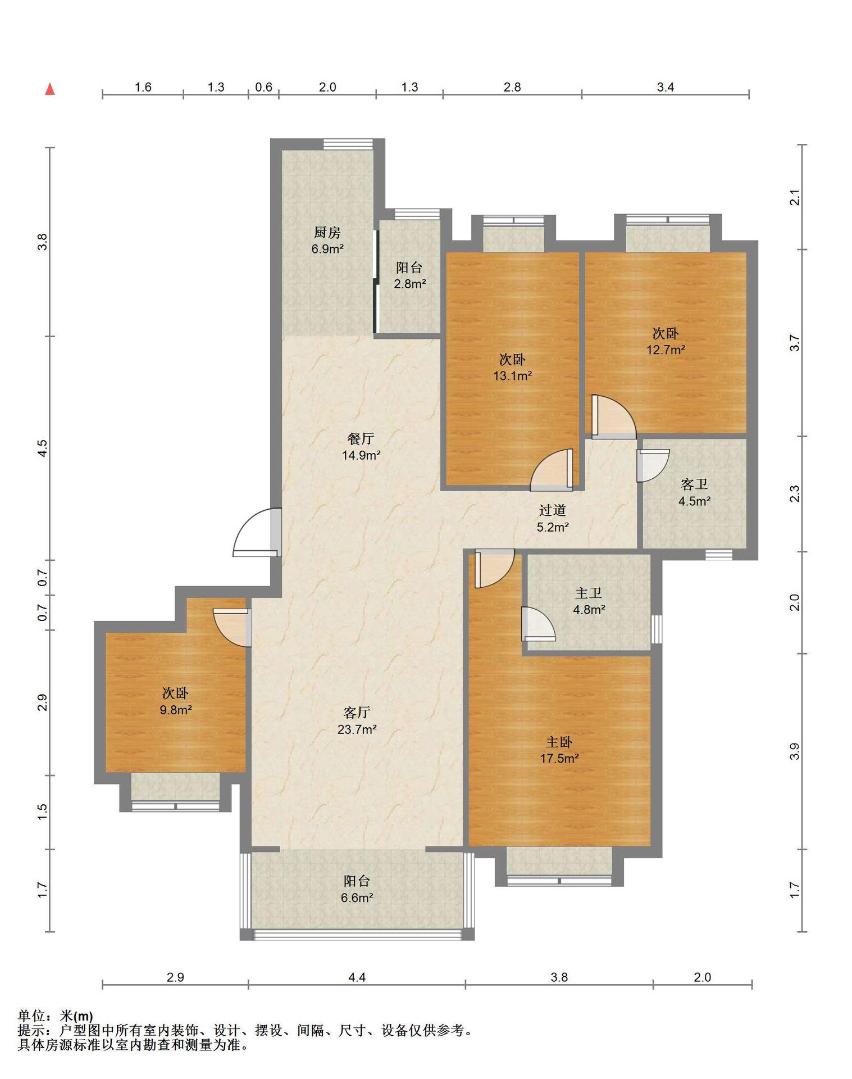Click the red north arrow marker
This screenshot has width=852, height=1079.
click(x=50, y=89)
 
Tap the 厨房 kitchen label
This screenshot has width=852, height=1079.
click(x=327, y=232)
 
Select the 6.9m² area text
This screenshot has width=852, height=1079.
click(x=327, y=248)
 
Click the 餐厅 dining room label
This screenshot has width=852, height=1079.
click(x=361, y=438)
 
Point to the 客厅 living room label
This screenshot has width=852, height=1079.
click(x=357, y=713)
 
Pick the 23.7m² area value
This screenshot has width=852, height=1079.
click(x=357, y=729)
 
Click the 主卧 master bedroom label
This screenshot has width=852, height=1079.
click(x=559, y=742)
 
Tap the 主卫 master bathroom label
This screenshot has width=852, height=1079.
click(x=589, y=593)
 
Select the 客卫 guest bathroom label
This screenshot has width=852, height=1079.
click(x=694, y=484)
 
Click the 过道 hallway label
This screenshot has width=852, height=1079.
click(x=553, y=510)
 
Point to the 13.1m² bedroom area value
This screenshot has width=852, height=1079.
click(x=513, y=375)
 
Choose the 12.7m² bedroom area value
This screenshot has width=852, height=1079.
click(x=666, y=350)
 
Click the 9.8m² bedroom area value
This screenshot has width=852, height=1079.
click(x=176, y=710)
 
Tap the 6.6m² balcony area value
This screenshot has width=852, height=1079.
click(x=357, y=897)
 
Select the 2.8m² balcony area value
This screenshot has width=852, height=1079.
click(x=409, y=284)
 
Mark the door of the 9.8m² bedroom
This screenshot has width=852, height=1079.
click(x=231, y=627)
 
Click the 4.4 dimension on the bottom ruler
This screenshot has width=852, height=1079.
click(x=357, y=977)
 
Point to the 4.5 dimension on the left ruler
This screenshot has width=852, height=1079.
click(x=43, y=448)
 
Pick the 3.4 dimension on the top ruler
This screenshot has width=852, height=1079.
click(x=666, y=87)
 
